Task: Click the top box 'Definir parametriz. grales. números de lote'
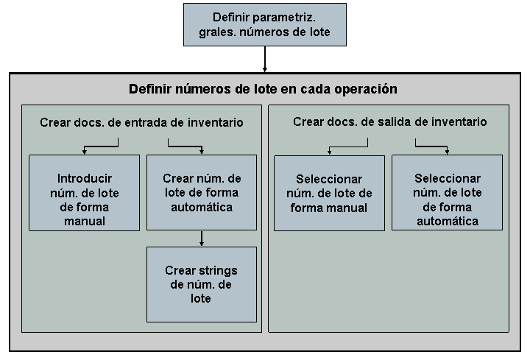(264, 24)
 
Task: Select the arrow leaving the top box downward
(264, 59)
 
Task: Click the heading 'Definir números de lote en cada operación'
(263, 89)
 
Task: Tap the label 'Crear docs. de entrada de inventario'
(141, 122)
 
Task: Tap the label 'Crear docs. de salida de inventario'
(389, 122)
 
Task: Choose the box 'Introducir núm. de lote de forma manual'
(84, 200)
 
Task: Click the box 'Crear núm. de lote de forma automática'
(202, 193)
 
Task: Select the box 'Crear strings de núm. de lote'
(202, 284)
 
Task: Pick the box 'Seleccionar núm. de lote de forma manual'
(329, 193)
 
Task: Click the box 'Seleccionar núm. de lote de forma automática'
(447, 200)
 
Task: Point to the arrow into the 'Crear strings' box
(202, 239)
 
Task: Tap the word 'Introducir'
(84, 179)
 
